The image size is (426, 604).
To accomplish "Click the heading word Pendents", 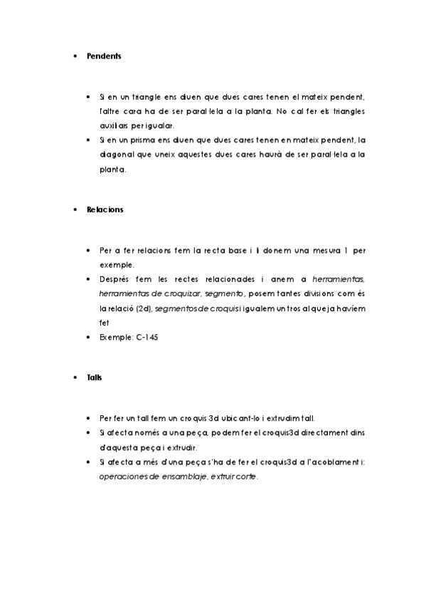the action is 104,56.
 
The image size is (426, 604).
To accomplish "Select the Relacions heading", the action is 105,210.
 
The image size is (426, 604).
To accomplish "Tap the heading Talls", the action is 95,377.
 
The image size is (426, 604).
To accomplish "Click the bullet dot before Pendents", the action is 75,56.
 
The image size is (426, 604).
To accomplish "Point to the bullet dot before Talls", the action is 75,377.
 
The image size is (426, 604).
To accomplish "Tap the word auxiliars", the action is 115,125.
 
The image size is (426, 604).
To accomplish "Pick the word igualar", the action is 159,125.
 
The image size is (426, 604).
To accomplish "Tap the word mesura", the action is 309,250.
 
